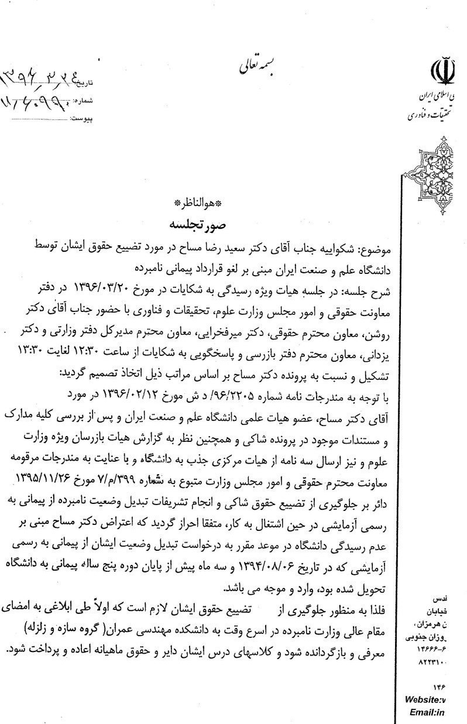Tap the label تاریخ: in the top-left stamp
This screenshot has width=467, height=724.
[85, 85]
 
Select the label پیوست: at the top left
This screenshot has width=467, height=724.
[83, 118]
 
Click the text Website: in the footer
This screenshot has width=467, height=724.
[424, 700]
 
